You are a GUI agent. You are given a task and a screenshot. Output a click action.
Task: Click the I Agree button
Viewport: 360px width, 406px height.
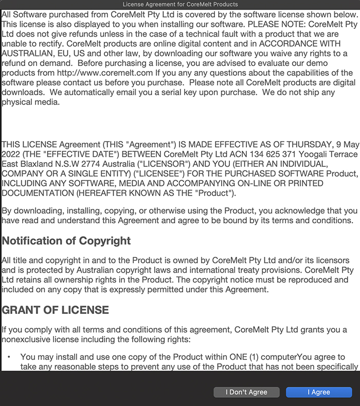[319, 392]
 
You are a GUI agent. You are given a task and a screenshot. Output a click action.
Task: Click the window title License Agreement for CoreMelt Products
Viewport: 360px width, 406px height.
[180, 5]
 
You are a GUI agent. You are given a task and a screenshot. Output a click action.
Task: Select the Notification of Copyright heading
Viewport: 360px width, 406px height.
[66, 241]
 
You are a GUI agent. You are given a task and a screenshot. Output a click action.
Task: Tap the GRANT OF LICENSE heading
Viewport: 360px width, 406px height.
[56, 310]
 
